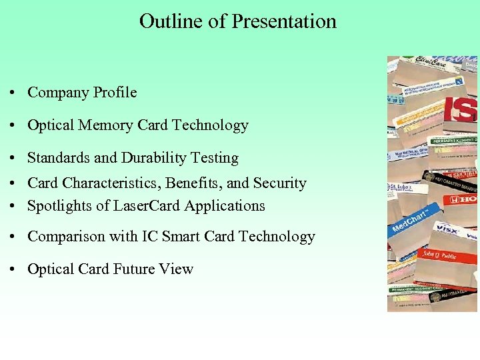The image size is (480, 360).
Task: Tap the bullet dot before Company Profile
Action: tap(13, 93)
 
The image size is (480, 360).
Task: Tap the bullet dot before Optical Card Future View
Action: tap(13, 270)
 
